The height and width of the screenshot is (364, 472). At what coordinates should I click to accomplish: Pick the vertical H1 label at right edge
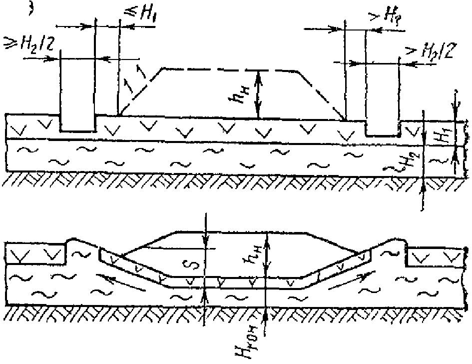[442, 134]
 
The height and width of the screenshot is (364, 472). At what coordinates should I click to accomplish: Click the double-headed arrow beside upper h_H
[259, 94]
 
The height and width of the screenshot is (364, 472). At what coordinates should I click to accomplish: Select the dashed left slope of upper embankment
[138, 92]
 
